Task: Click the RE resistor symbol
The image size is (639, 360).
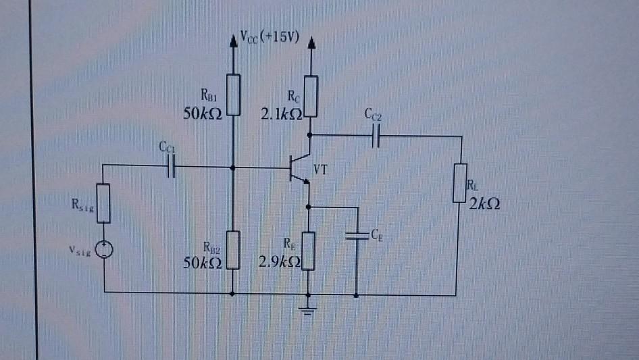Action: click(309, 251)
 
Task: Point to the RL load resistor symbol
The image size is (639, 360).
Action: click(461, 182)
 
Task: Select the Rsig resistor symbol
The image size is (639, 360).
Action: click(104, 204)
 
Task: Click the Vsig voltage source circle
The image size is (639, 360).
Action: click(104, 251)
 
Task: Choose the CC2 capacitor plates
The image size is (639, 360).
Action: click(376, 136)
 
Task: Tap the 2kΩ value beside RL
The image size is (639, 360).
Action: click(486, 205)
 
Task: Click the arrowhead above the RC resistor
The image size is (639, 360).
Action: click(311, 44)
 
